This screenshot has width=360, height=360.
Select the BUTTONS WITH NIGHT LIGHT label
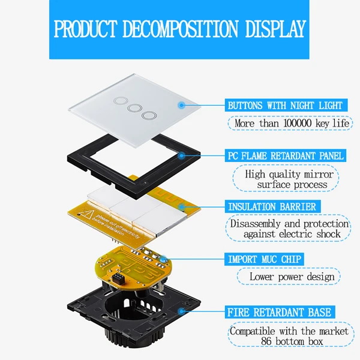[x=284, y=105]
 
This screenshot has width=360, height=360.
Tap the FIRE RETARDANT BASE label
[x=279, y=313]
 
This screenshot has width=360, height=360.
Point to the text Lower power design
[x=288, y=277]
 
